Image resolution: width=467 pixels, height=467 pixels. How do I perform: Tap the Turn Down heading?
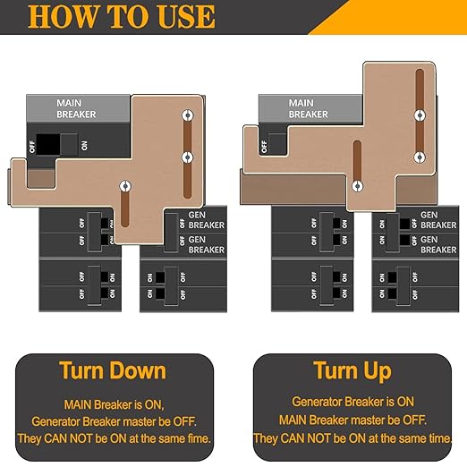(x=113, y=370)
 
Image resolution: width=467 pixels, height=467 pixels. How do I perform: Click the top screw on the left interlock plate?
(x=186, y=116)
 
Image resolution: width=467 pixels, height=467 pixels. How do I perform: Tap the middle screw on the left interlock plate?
(x=186, y=157)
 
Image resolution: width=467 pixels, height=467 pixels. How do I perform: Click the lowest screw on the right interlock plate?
(x=358, y=186)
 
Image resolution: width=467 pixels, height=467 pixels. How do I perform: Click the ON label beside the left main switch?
(x=85, y=145)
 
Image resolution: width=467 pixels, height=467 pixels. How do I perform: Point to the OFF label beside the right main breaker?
(x=263, y=143)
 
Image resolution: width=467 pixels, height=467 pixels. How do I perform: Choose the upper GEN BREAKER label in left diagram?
(x=207, y=219)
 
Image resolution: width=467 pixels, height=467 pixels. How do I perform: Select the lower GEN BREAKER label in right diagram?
(x=438, y=244)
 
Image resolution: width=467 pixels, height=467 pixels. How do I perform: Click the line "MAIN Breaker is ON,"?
(x=113, y=404)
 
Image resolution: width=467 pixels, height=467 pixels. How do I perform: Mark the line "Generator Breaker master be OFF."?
(x=113, y=420)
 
